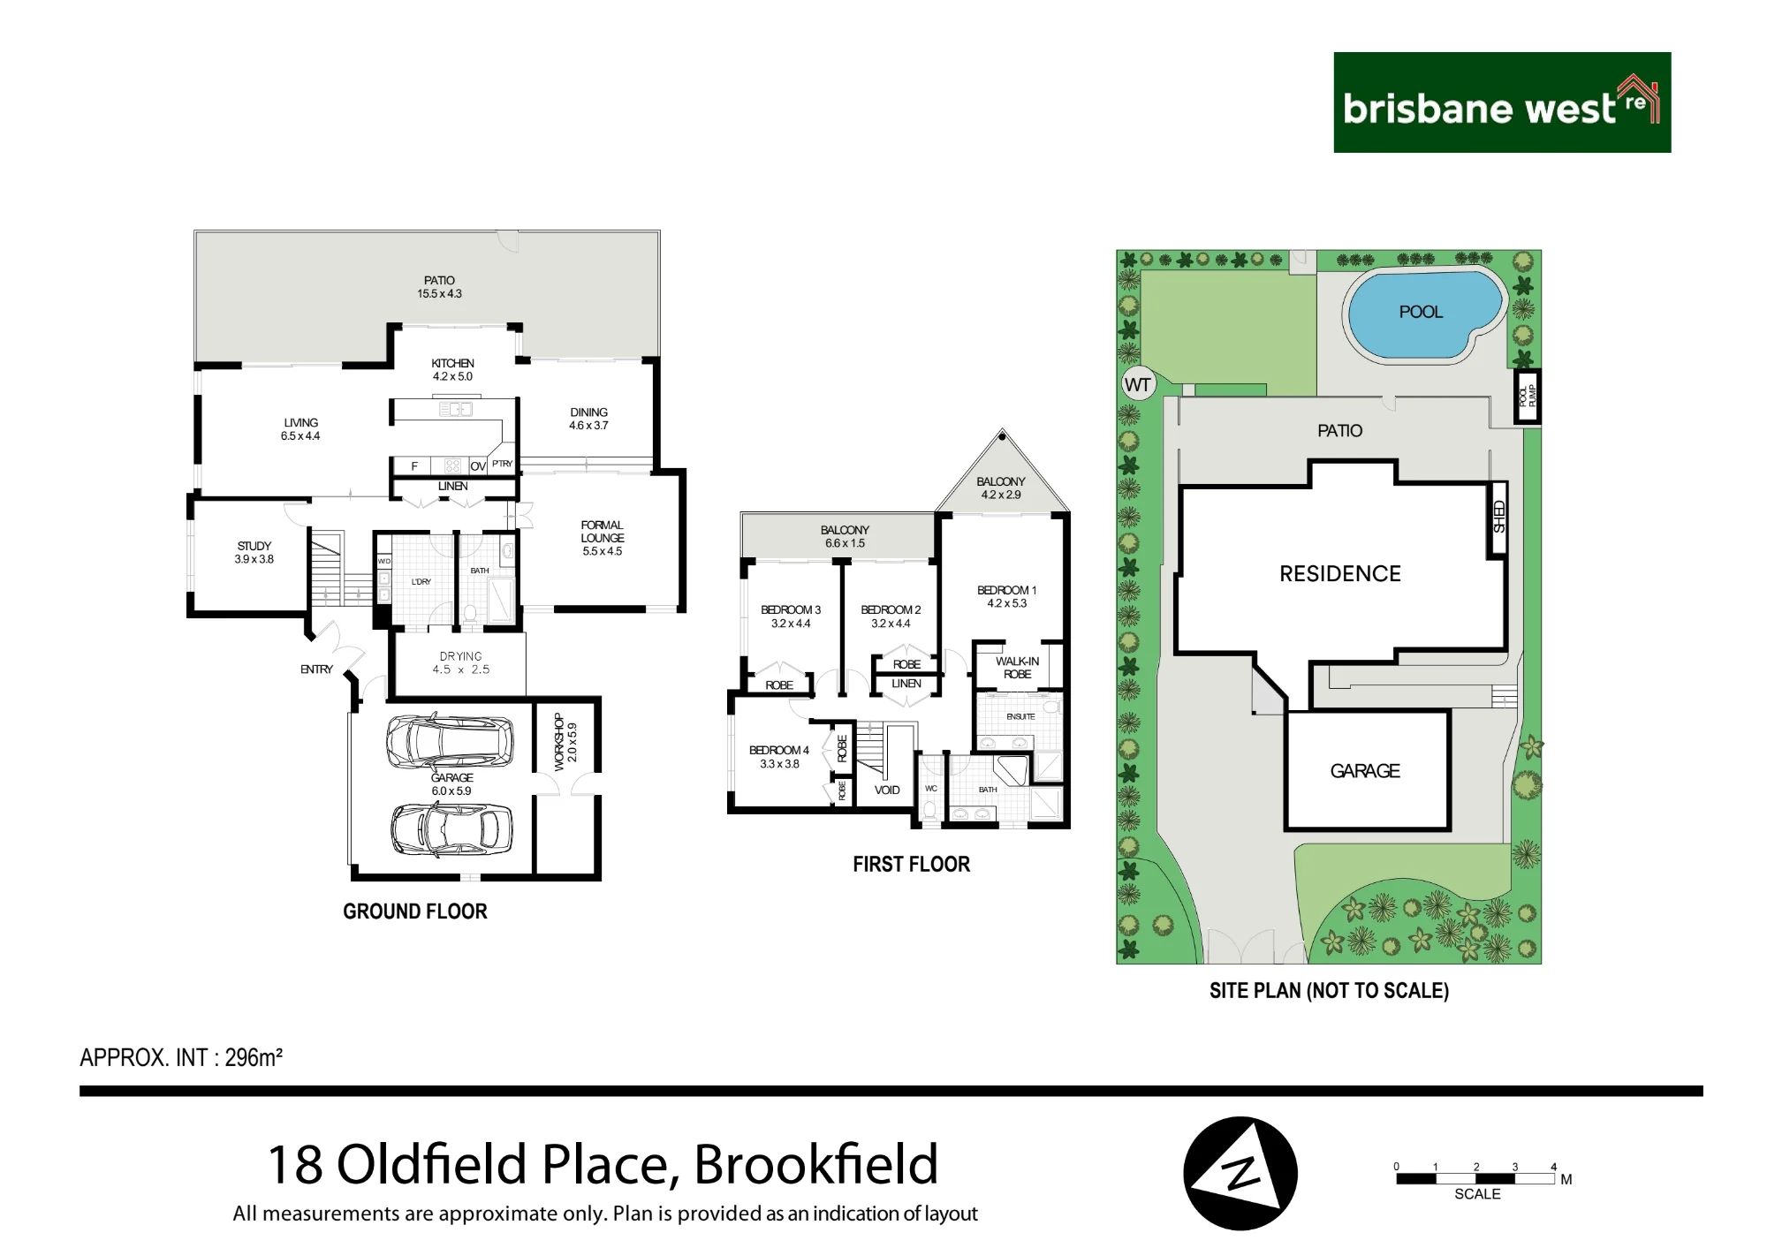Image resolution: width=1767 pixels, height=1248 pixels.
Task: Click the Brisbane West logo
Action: pyautogui.click(x=1502, y=102)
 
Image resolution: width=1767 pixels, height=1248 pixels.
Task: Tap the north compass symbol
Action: pyautogui.click(x=1240, y=1174)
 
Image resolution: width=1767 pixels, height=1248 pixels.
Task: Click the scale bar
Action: pyautogui.click(x=1475, y=1178)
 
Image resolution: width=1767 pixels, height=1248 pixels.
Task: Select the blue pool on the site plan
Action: pyautogui.click(x=1423, y=314)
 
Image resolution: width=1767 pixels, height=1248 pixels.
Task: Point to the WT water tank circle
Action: pyautogui.click(x=1137, y=384)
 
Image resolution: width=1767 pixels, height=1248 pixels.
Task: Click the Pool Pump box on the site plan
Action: pyautogui.click(x=1528, y=397)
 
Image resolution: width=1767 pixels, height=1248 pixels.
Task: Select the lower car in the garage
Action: pyautogui.click(x=451, y=830)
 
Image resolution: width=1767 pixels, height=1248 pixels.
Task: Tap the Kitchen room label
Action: pyautogui.click(x=452, y=370)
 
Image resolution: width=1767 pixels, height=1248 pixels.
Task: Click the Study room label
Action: pyautogui.click(x=254, y=553)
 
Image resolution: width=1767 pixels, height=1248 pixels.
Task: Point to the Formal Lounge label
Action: pyautogui.click(x=603, y=538)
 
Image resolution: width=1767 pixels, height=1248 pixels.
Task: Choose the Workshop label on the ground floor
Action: pyautogui.click(x=565, y=743)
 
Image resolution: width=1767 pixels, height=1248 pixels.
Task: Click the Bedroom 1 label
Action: pyautogui.click(x=1007, y=597)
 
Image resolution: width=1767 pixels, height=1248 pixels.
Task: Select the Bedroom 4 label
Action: pyautogui.click(x=779, y=757)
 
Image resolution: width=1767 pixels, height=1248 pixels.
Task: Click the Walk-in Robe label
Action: pyautogui.click(x=1018, y=668)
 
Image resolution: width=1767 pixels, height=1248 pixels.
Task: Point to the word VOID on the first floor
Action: pyautogui.click(x=887, y=790)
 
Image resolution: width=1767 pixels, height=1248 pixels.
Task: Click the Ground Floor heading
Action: pyautogui.click(x=415, y=911)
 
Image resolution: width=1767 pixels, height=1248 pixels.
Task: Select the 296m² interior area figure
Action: pyautogui.click(x=254, y=1057)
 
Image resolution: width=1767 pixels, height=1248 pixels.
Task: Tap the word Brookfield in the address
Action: pyautogui.click(x=815, y=1165)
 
